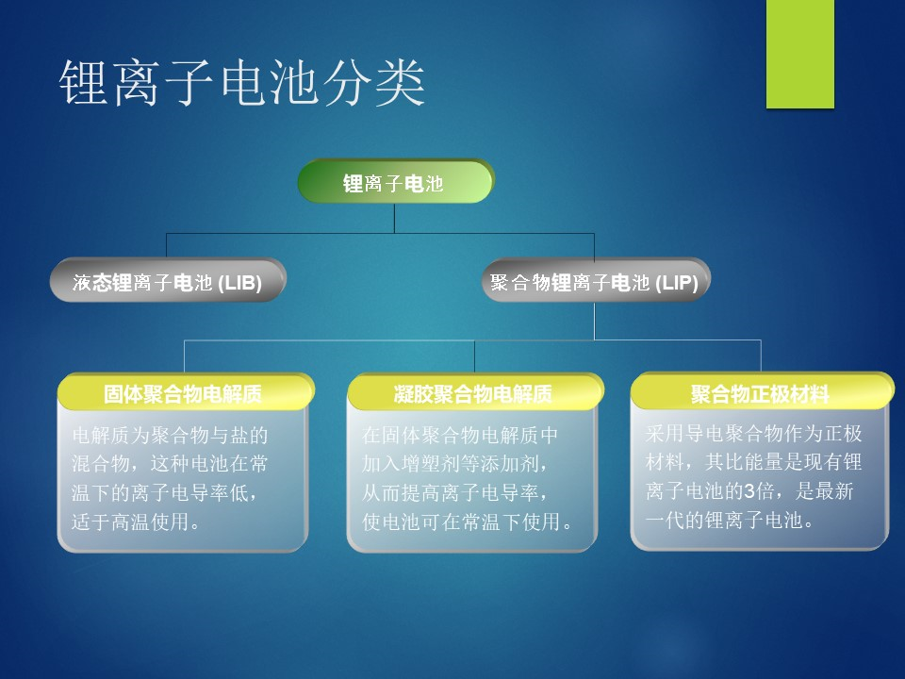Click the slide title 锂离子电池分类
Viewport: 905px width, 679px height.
pos(242,83)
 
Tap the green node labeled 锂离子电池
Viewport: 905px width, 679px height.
pos(395,182)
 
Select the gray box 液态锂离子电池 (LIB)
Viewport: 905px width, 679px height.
pos(168,280)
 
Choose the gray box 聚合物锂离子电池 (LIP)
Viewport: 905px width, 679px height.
pos(596,281)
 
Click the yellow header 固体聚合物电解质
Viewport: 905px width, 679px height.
pos(186,392)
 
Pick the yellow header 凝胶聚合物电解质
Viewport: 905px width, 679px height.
pos(475,392)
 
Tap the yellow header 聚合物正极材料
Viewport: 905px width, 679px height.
pos(762,392)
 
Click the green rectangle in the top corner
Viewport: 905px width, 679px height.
pos(800,54)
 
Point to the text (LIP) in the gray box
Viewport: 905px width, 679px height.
pos(677,283)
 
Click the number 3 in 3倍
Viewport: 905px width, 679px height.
pos(749,491)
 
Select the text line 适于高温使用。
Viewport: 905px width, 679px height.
pos(136,522)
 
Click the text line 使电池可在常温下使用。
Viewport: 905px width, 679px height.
pos(468,522)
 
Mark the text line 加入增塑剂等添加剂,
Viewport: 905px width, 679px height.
pos(454,464)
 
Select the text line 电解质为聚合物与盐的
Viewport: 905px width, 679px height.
pos(171,435)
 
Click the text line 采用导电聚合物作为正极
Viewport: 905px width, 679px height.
pos(754,433)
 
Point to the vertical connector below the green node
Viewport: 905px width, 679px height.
pos(395,219)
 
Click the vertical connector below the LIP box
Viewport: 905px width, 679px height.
pos(595,321)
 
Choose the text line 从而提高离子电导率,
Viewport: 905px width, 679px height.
pos(454,492)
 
